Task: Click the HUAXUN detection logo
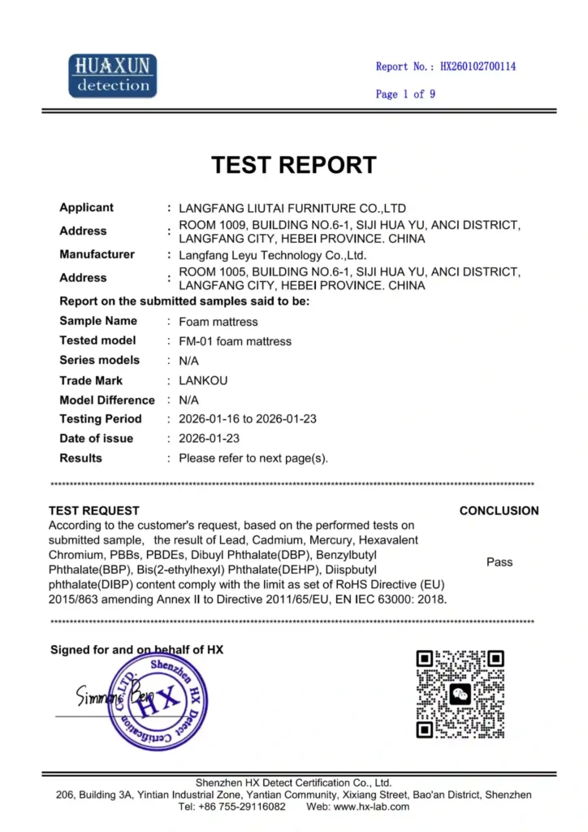pos(112,76)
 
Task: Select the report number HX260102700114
pos(478,67)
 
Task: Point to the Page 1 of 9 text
pos(405,94)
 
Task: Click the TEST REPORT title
pos(294,165)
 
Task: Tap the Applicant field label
pos(87,207)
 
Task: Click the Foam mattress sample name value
pos(218,322)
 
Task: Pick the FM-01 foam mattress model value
pos(235,341)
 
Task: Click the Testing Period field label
pos(101,419)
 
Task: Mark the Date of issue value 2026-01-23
pos(209,439)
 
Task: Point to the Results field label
pos(81,458)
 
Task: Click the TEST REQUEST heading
pos(94,511)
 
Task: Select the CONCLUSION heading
pos(499,511)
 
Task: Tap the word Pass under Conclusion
pos(499,562)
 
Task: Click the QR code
pos(460,694)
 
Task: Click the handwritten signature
pos(110,696)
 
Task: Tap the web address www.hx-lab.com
pos(371,807)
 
